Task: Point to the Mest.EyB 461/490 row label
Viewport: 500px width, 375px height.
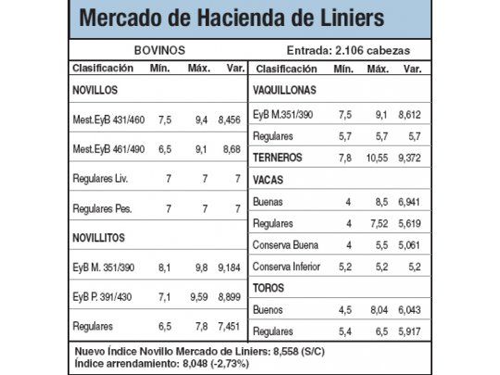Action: [x=109, y=148]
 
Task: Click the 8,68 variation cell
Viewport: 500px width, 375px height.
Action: [x=231, y=148]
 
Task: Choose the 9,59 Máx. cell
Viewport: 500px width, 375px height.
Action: [x=197, y=297]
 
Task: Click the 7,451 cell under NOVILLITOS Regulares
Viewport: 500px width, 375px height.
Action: [x=228, y=327]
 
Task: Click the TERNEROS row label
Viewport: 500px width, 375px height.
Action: [x=277, y=157]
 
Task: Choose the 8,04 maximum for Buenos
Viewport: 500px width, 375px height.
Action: [x=379, y=309]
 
